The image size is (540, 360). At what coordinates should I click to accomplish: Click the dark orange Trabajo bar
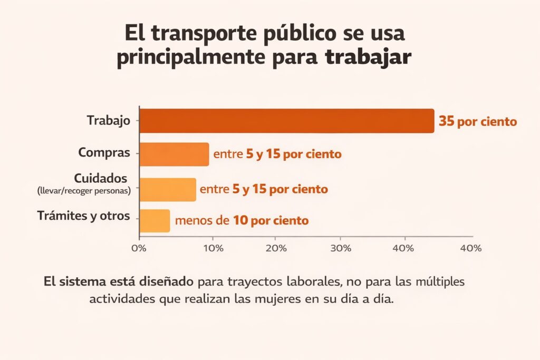(286, 121)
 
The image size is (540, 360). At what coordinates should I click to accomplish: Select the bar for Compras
(174, 154)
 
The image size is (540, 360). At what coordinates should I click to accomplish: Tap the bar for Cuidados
(168, 189)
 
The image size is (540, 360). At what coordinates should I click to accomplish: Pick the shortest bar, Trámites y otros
(155, 220)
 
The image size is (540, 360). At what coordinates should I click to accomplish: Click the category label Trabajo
(108, 121)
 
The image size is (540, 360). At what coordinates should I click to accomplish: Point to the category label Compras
(104, 153)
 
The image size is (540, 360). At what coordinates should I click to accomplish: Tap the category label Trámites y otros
(84, 216)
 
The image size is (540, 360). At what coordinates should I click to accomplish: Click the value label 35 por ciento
(478, 122)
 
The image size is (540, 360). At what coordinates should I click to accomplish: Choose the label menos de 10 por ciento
(242, 220)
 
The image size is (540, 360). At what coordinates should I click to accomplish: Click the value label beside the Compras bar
(277, 154)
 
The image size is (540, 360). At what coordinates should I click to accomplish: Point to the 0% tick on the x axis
(139, 248)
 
